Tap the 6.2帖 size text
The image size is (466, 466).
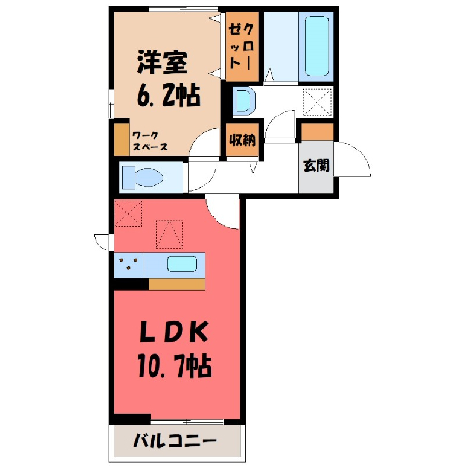click(168, 95)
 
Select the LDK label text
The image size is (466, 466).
click(173, 332)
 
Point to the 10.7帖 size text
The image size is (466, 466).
click(174, 366)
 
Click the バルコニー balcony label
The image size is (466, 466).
click(175, 441)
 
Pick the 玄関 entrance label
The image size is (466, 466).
click(316, 166)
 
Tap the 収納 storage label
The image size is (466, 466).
click(243, 140)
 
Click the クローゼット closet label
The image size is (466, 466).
click(242, 47)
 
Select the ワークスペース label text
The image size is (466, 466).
click(150, 141)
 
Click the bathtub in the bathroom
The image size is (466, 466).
click(316, 46)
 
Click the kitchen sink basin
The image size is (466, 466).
click(182, 264)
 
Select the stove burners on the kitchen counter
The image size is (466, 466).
click(129, 263)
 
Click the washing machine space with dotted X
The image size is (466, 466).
click(317, 102)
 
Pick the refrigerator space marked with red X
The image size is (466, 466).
click(128, 214)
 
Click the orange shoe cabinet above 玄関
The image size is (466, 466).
click(316, 132)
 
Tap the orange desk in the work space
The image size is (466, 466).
click(121, 140)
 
